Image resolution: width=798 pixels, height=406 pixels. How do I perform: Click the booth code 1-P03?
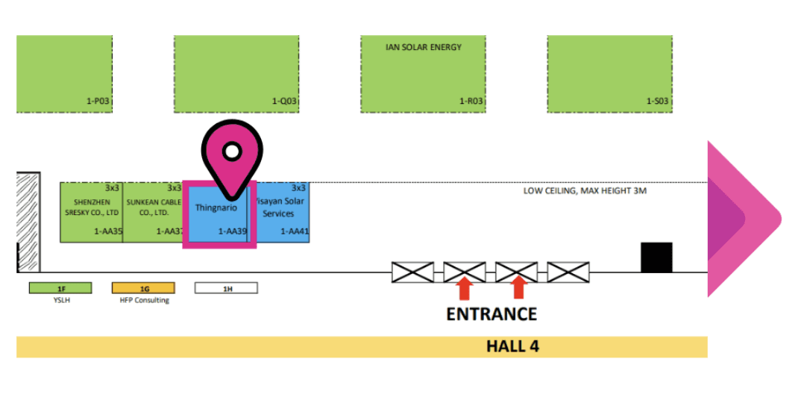(98, 101)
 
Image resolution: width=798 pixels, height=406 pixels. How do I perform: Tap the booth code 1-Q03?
(284, 101)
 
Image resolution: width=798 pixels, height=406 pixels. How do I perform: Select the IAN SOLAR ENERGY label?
(423, 47)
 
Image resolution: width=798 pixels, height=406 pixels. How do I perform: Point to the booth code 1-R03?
(471, 101)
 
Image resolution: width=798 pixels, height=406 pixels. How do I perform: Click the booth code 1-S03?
(658, 101)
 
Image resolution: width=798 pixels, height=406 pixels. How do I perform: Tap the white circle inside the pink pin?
(232, 152)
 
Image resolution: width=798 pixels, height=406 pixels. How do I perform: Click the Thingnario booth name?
(216, 207)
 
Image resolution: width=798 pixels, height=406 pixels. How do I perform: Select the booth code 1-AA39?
(232, 231)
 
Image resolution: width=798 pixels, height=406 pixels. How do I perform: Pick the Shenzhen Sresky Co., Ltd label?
(92, 207)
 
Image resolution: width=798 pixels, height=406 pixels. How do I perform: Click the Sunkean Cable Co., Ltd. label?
(154, 207)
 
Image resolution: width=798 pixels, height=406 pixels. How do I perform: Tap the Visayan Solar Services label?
(280, 207)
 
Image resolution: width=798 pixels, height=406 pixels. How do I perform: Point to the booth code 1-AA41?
(295, 231)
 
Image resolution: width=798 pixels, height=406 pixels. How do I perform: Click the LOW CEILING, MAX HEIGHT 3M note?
(585, 191)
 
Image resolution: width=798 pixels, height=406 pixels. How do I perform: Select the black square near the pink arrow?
(656, 257)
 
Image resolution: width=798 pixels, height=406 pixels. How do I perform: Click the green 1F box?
(60, 287)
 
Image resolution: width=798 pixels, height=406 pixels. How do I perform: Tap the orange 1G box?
(143, 287)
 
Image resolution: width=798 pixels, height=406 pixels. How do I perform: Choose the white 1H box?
(226, 287)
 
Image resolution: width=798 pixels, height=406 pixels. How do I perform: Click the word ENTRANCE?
(491, 313)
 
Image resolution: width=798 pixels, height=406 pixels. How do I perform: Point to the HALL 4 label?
(512, 346)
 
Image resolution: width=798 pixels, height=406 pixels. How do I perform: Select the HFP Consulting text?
(145, 300)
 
